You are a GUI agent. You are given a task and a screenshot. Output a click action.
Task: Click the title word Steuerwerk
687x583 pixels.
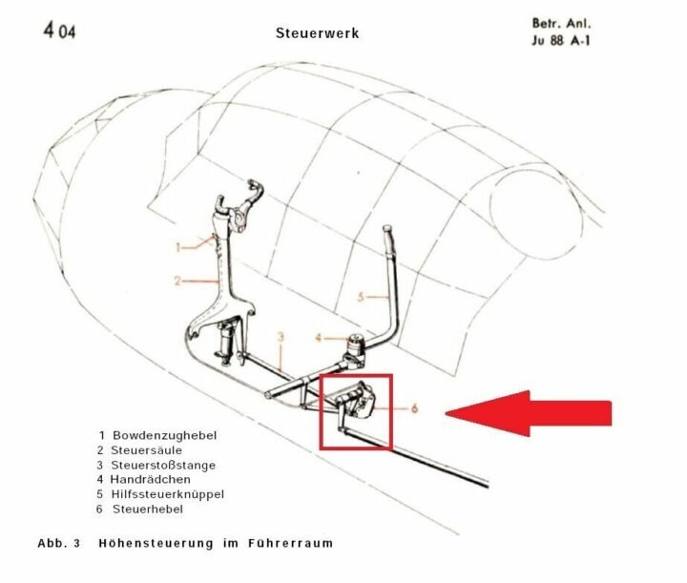pos(317,33)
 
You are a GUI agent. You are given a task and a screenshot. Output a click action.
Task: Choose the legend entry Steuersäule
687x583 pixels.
pos(152,449)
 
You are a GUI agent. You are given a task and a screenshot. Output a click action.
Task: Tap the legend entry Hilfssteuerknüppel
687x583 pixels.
pos(167,494)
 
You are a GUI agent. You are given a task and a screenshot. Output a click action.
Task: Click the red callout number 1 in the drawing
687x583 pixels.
pos(177,246)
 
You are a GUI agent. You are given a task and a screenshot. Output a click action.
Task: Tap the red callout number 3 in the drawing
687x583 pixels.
pos(281,337)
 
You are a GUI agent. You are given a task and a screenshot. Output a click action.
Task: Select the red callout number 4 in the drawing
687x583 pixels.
pos(321,337)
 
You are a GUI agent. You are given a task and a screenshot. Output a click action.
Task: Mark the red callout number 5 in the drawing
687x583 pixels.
pos(362,297)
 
